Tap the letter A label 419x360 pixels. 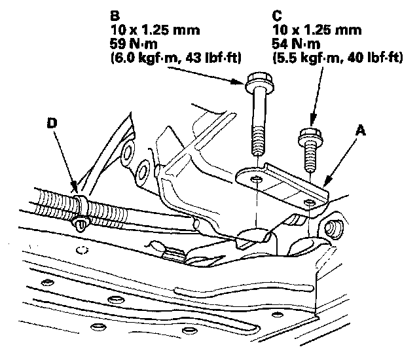coord(361,131)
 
